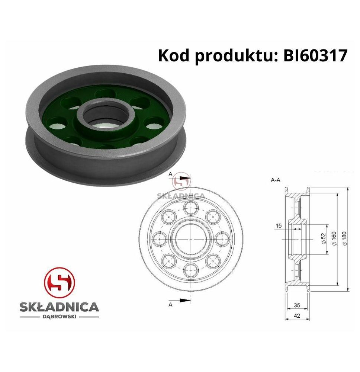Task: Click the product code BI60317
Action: click(315, 56)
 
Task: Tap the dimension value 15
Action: click(279, 226)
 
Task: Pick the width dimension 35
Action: click(297, 305)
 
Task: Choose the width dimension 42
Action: click(297, 316)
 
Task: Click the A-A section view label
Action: click(275, 180)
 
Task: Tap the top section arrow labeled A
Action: click(182, 178)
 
